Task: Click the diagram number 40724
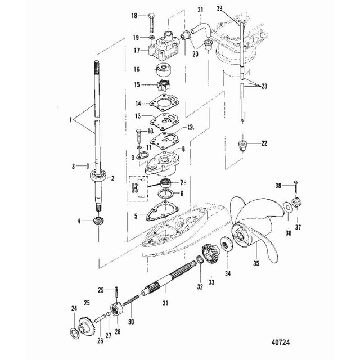tap(280, 343)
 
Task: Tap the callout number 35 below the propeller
tap(256, 263)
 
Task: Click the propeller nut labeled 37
tap(298, 203)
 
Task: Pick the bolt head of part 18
tap(151, 16)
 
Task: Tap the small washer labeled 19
tap(151, 37)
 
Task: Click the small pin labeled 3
tap(88, 165)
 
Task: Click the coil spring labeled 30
tap(130, 300)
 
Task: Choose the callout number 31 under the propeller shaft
tap(165, 303)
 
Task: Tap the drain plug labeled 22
tap(242, 145)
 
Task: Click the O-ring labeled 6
tap(165, 193)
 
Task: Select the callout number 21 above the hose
tap(200, 10)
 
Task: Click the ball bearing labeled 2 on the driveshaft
tap(99, 176)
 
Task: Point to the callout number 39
tap(219, 8)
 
